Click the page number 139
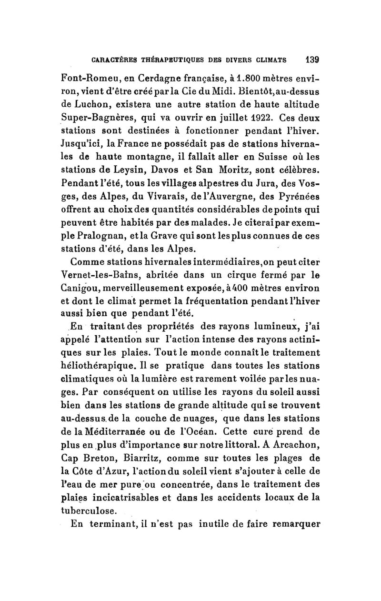click(x=312, y=60)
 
